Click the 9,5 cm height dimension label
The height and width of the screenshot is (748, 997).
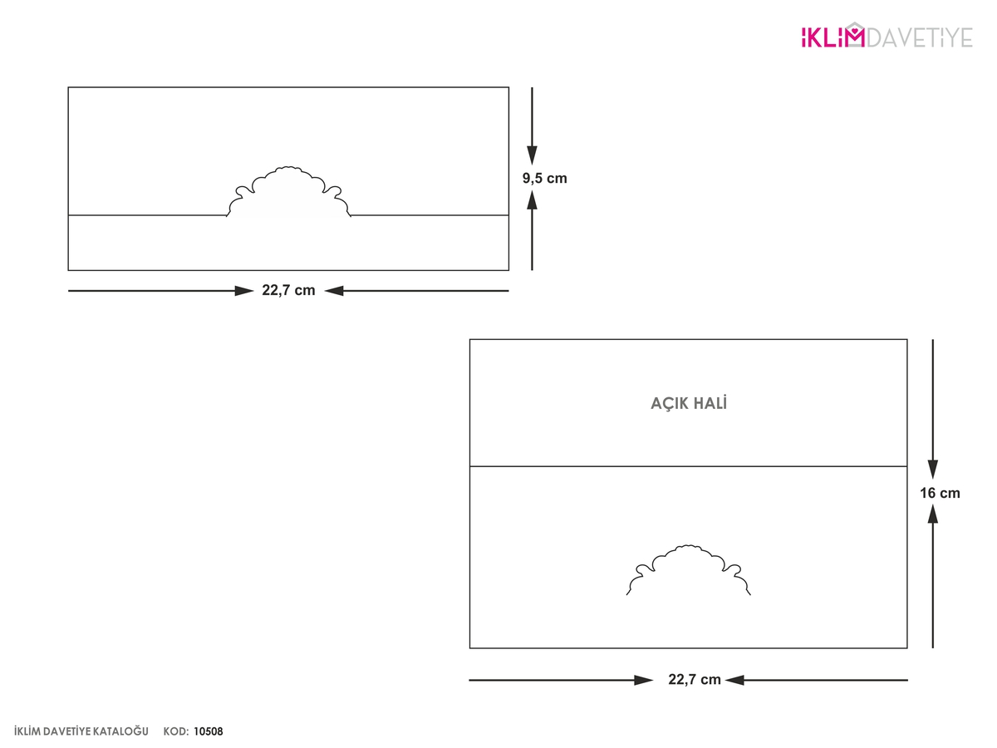pyautogui.click(x=544, y=179)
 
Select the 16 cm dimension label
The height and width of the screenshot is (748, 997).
pyautogui.click(x=940, y=493)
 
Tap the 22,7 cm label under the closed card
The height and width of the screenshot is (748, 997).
pyautogui.click(x=288, y=291)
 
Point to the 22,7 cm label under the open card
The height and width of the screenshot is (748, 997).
pyautogui.click(x=695, y=679)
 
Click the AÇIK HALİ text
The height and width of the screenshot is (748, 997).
pyautogui.click(x=689, y=403)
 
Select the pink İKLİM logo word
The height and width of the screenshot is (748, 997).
pyautogui.click(x=832, y=37)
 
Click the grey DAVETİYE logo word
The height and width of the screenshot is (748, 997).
pyautogui.click(x=920, y=37)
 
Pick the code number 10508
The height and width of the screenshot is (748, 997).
pyautogui.click(x=209, y=731)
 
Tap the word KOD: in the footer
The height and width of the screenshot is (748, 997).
pyautogui.click(x=176, y=731)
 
